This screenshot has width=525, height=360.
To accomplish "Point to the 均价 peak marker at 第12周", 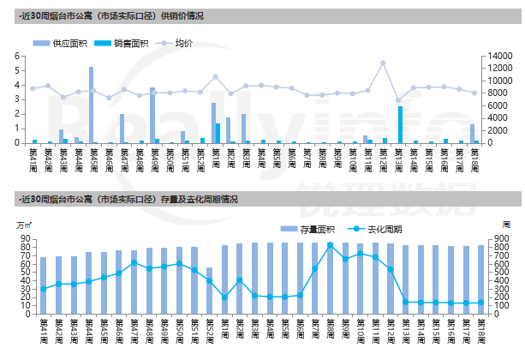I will coord(383,63).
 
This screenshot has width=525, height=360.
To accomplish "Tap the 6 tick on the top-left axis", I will coord(18,56).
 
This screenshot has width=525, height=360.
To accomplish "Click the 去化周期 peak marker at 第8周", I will coord(330,245).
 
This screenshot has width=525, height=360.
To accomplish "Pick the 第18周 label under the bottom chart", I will coord(482,329).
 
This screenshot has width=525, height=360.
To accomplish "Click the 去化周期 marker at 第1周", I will coord(224,297).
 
